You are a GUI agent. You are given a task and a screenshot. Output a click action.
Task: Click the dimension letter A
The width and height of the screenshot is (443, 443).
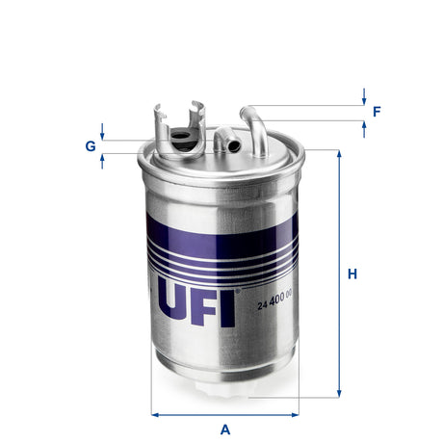click(x=225, y=430)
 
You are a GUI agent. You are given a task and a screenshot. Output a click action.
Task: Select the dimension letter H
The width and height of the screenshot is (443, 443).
click(x=353, y=274)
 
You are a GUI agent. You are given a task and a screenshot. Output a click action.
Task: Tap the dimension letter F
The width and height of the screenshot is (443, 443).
click(x=378, y=111)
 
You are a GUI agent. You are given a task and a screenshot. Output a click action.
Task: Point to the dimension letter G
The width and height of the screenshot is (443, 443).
click(x=90, y=146)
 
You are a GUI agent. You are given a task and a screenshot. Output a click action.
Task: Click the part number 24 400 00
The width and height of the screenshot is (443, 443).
click(x=275, y=306)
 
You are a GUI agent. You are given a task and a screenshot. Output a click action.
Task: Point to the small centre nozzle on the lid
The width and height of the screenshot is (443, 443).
click(x=223, y=142)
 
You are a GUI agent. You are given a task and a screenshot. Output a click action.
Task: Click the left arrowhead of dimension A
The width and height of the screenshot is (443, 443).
click(x=155, y=414)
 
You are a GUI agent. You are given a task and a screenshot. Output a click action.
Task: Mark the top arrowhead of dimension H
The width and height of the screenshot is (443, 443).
click(x=339, y=155)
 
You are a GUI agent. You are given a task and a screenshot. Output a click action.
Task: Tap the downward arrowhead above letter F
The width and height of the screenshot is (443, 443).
click(x=364, y=99)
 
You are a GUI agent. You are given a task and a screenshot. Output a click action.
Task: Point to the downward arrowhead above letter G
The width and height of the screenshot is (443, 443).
click(x=102, y=136)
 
